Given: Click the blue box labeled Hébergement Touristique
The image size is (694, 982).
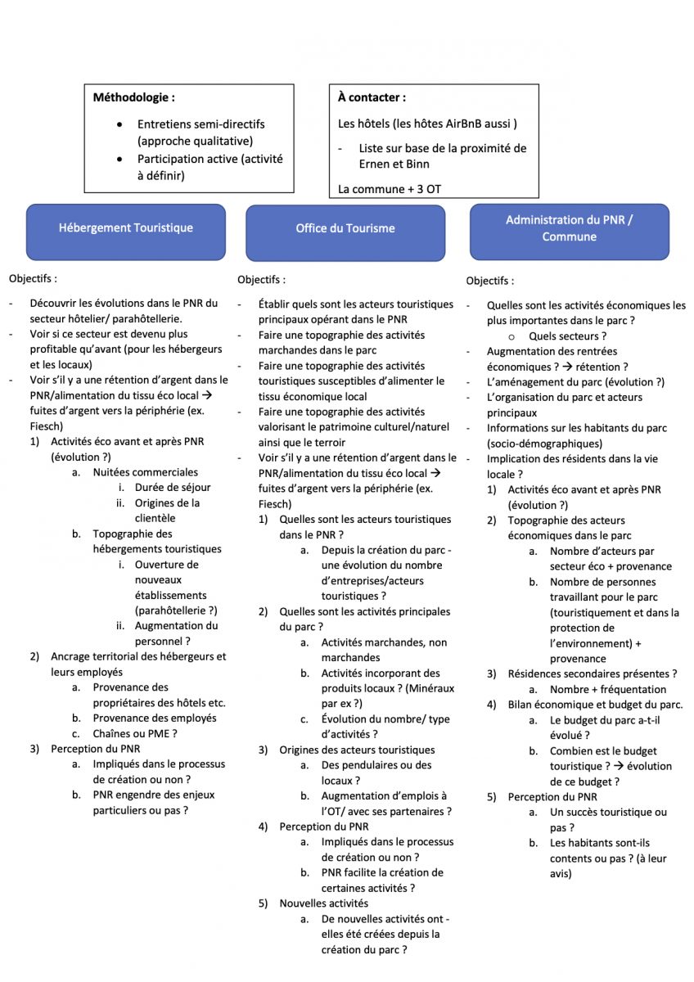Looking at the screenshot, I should pyautogui.click(x=125, y=228).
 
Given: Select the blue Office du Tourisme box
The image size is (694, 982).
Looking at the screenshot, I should pyautogui.click(x=345, y=229).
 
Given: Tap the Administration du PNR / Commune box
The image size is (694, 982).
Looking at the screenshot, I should pyautogui.click(x=569, y=228).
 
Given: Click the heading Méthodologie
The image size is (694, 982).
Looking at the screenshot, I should pyautogui.click(x=133, y=97).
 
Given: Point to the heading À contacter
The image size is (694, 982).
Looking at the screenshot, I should pyautogui.click(x=372, y=97).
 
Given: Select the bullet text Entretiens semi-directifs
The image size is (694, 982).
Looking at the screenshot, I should pyautogui.click(x=201, y=124).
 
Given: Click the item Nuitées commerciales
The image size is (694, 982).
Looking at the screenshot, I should pyautogui.click(x=145, y=472).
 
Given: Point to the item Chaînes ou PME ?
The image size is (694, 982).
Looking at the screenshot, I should pyautogui.click(x=134, y=733).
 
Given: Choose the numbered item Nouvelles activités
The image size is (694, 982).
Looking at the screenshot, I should pyautogui.click(x=323, y=903).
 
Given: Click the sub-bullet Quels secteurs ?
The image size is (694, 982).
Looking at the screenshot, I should pyautogui.click(x=566, y=336).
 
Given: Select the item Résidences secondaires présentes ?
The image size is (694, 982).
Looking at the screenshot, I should pyautogui.click(x=592, y=674).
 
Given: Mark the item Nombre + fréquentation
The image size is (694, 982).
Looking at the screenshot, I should pyautogui.click(x=607, y=689).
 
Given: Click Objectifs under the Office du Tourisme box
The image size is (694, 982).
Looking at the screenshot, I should pyautogui.click(x=261, y=280).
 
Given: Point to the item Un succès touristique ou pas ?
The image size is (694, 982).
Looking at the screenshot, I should pyautogui.click(x=608, y=820).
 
